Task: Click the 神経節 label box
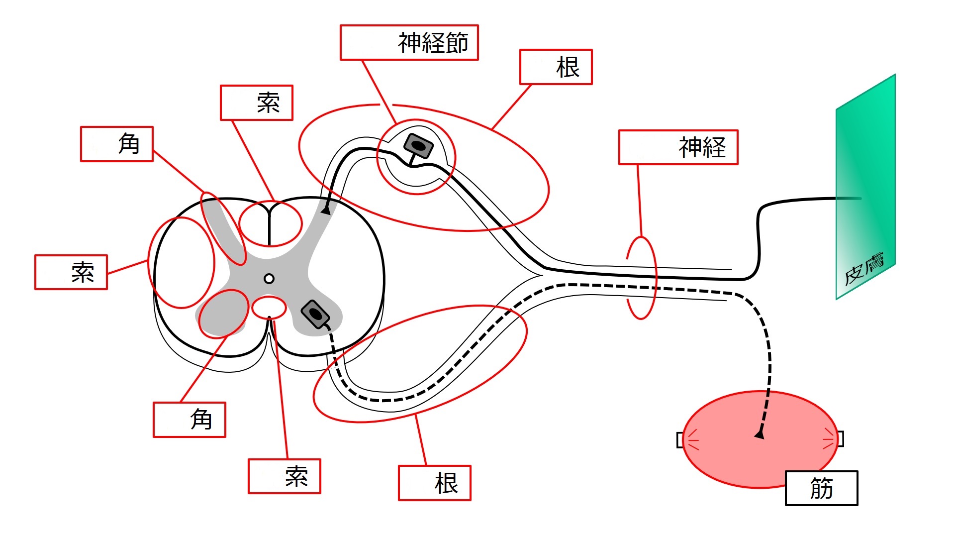(409, 42)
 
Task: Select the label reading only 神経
(678, 147)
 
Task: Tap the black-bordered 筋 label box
(821, 488)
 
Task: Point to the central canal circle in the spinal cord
(269, 279)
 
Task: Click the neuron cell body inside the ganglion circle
(418, 145)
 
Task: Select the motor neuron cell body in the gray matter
(315, 314)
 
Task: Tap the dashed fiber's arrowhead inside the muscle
(760, 434)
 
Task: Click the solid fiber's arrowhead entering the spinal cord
(326, 211)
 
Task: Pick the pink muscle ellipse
(760, 439)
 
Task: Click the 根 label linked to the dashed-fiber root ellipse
(434, 483)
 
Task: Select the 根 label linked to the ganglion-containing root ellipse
(556, 67)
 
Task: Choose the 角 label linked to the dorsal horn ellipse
(116, 144)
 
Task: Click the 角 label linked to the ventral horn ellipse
(189, 420)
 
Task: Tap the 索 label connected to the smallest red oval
(285, 476)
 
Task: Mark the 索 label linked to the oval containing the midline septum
(257, 103)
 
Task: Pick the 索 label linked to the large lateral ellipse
(71, 272)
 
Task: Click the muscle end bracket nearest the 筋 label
(840, 438)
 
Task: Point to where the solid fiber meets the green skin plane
(837, 199)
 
